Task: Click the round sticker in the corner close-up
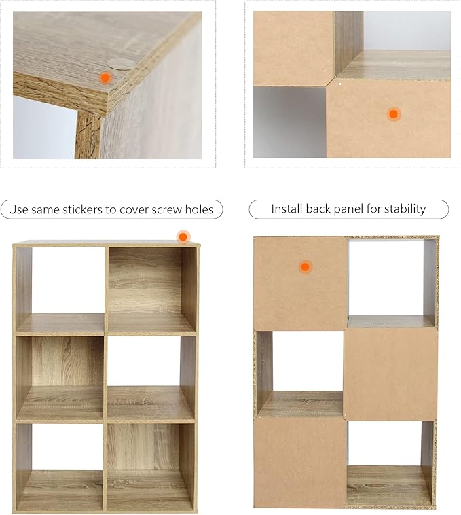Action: click(x=121, y=64)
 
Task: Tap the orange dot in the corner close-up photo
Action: click(x=105, y=78)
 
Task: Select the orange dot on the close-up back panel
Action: click(x=393, y=114)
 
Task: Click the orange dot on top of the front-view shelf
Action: click(x=183, y=237)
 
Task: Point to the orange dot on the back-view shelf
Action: click(x=305, y=267)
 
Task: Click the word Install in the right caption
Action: click(x=287, y=209)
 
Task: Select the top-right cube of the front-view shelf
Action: click(x=152, y=291)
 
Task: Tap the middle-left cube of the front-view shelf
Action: click(x=60, y=379)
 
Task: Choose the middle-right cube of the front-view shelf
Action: click(x=151, y=379)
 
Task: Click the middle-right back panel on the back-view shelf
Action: click(x=391, y=374)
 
